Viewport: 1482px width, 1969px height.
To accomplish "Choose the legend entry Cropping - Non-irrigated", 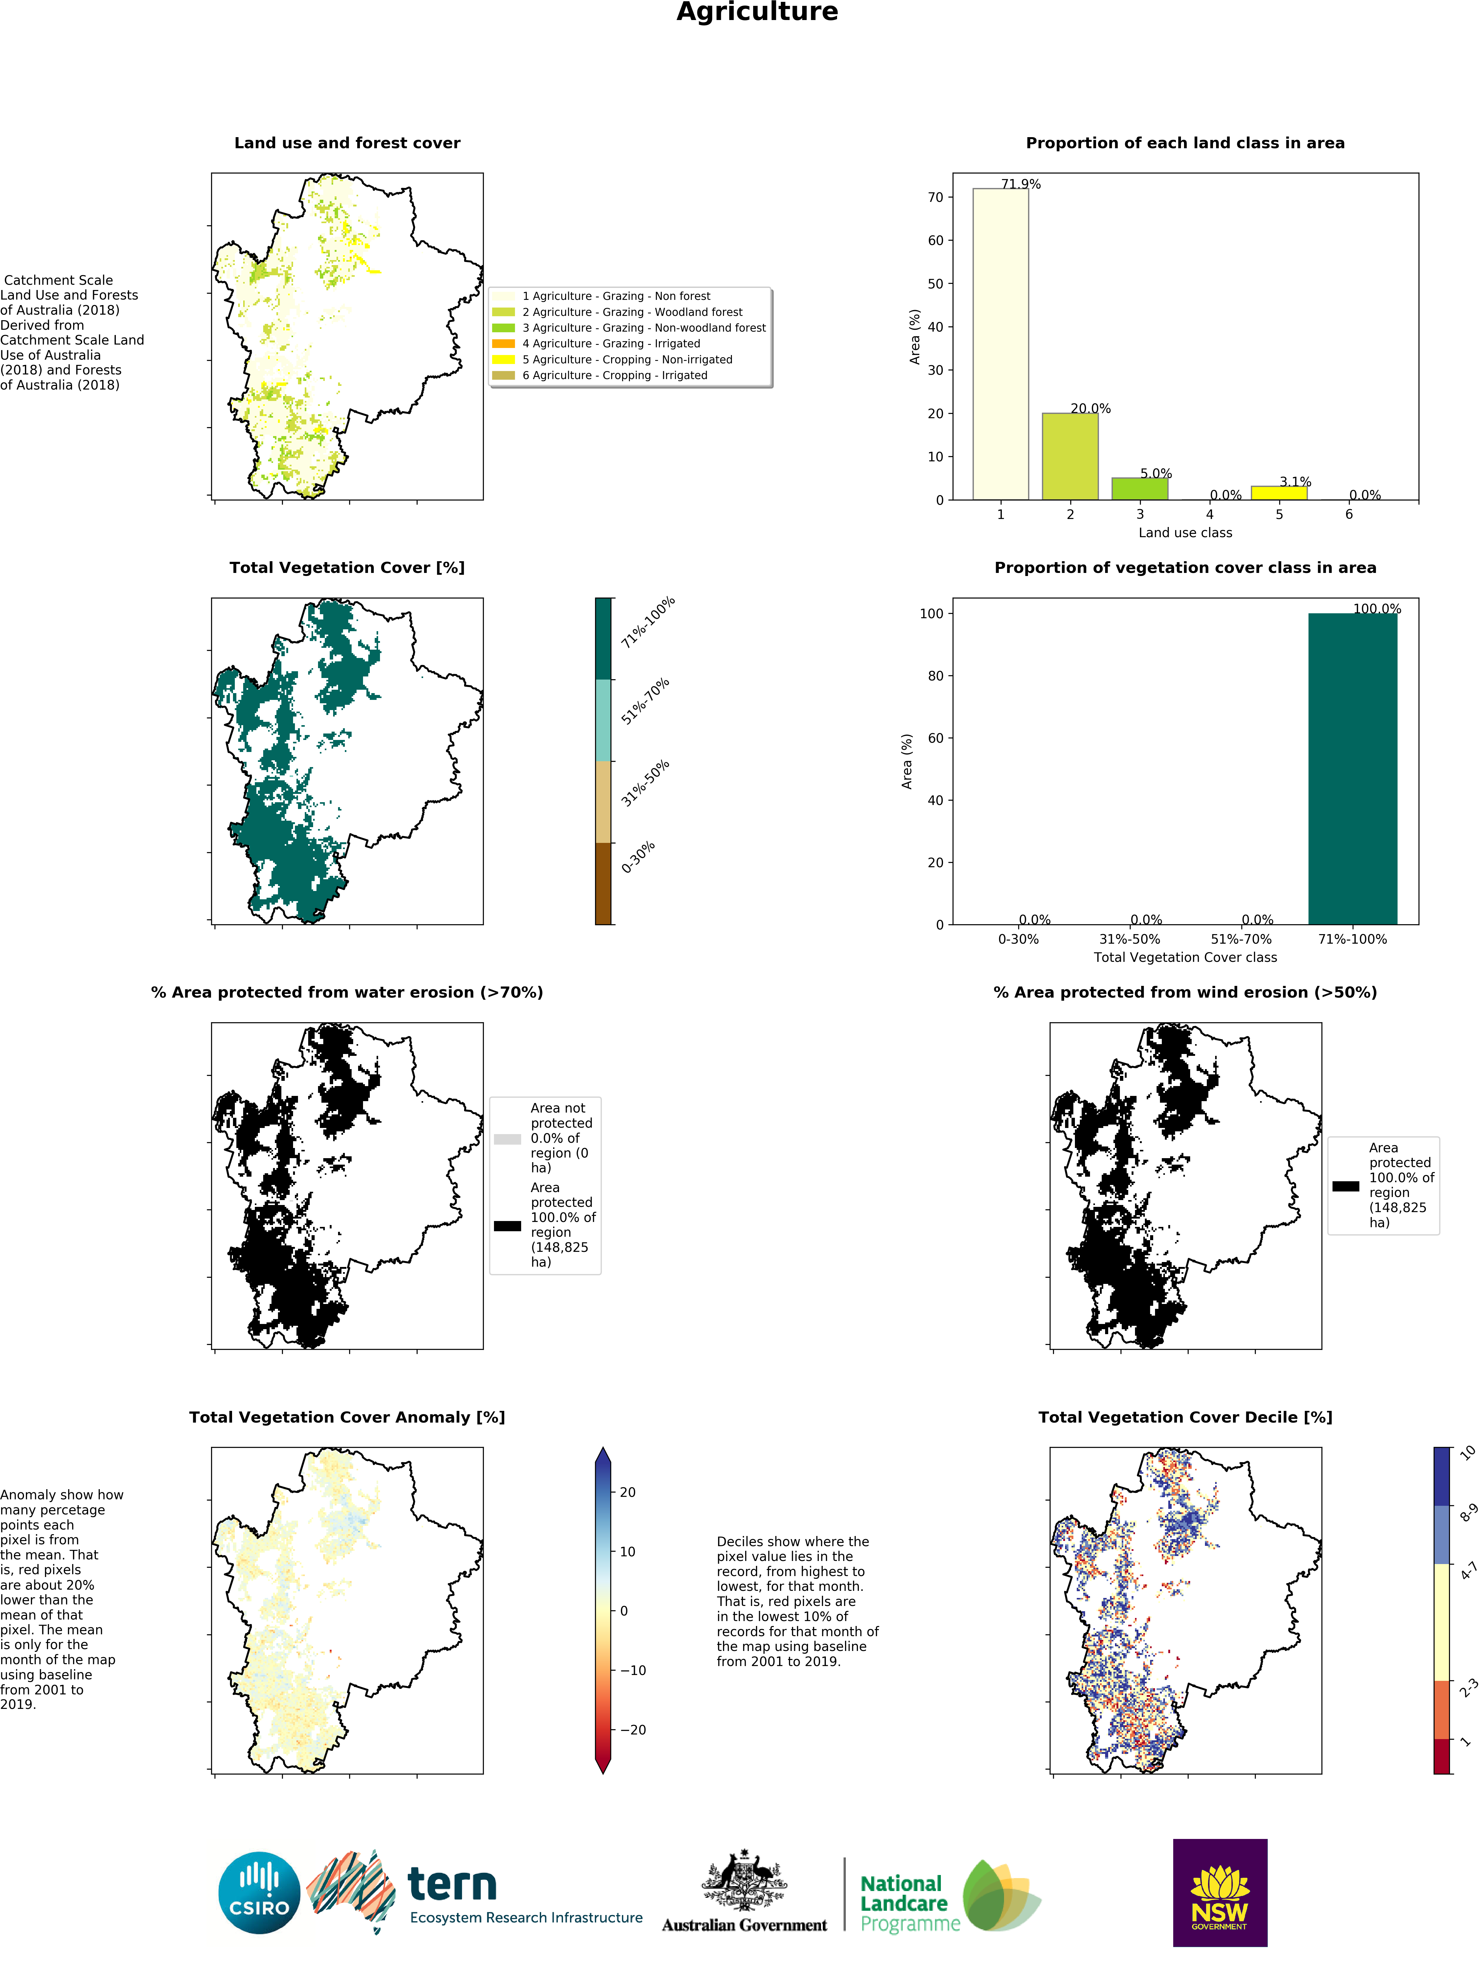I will coord(627,360).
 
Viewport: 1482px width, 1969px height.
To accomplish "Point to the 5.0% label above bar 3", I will coord(1155,474).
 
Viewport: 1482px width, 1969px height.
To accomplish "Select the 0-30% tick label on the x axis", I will coord(1017,939).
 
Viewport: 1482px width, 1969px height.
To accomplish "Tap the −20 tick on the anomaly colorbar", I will coord(632,1730).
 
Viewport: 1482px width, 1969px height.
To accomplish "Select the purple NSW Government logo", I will coord(1219,1893).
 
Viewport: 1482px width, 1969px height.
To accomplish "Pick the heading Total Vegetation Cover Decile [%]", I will coord(1185,1417).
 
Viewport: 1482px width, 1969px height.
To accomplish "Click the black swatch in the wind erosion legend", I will coord(1345,1186).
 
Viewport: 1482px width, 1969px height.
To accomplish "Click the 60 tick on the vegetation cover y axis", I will coord(935,738).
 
